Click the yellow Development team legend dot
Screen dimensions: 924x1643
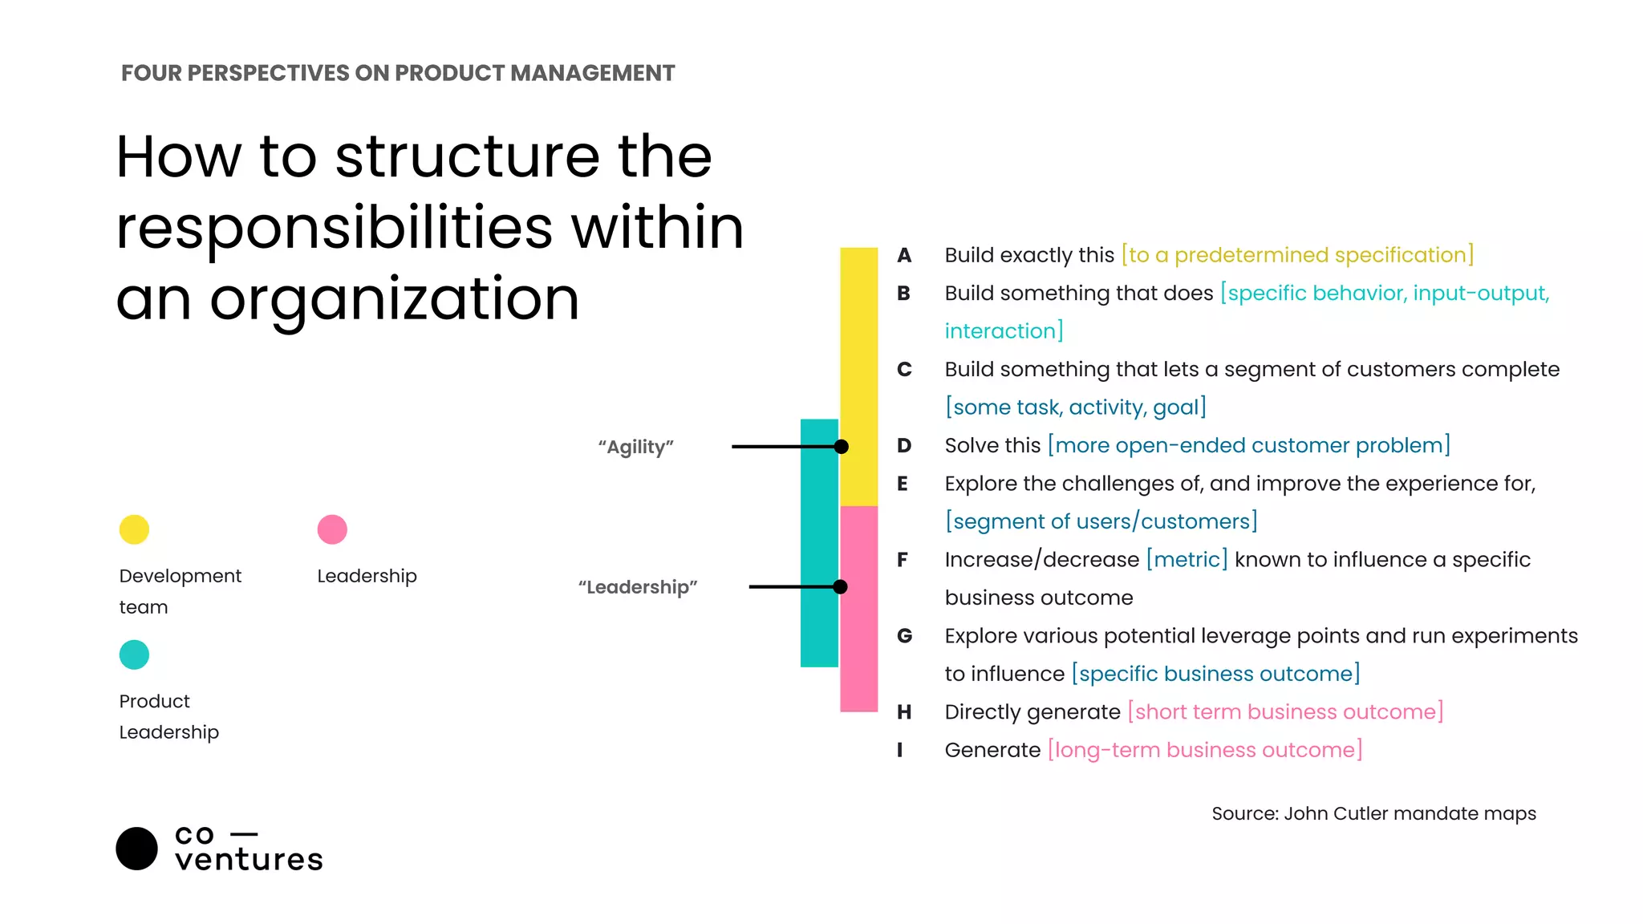pyautogui.click(x=134, y=529)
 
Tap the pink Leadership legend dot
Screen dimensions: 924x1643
pyautogui.click(x=332, y=529)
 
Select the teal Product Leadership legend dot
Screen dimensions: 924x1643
pyautogui.click(x=134, y=654)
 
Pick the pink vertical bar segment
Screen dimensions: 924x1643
pyautogui.click(x=858, y=642)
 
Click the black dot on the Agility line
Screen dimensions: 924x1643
pyautogui.click(x=841, y=447)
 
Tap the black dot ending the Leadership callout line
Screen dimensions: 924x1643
pyautogui.click(x=840, y=587)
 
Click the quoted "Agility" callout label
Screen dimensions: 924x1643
pyautogui.click(x=635, y=447)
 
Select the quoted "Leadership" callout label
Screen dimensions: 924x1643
pyautogui.click(x=638, y=587)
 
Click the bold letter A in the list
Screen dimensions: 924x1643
pyautogui.click(x=904, y=255)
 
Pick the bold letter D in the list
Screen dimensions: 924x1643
pyautogui.click(x=904, y=445)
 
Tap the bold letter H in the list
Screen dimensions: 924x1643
pyautogui.click(x=904, y=711)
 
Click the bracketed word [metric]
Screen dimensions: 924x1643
pyautogui.click(x=1187, y=559)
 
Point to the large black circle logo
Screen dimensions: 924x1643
pyautogui.click(x=136, y=849)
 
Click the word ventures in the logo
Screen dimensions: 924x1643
pyautogui.click(x=249, y=860)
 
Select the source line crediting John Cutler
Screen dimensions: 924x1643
pyautogui.click(x=1373, y=813)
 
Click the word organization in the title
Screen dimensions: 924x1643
pyautogui.click(x=394, y=298)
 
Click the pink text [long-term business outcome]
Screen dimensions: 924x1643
pyautogui.click(x=1205, y=750)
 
